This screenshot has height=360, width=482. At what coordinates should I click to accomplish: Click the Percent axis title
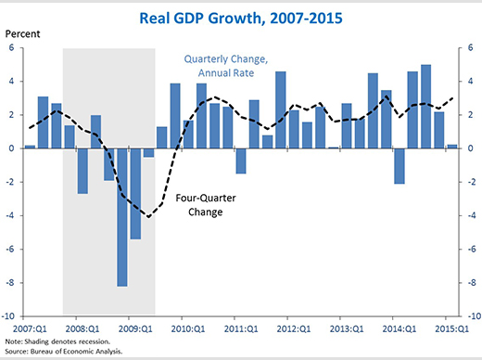[x=24, y=36]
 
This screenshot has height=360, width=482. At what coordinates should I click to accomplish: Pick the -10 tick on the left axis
[x=13, y=316]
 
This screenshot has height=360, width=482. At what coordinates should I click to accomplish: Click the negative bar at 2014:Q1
[x=400, y=165]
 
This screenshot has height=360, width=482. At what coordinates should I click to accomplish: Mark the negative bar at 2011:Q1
[x=241, y=161]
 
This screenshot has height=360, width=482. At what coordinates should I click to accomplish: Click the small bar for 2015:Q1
[x=452, y=146]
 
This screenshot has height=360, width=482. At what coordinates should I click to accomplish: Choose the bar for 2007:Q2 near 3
[x=43, y=122]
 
